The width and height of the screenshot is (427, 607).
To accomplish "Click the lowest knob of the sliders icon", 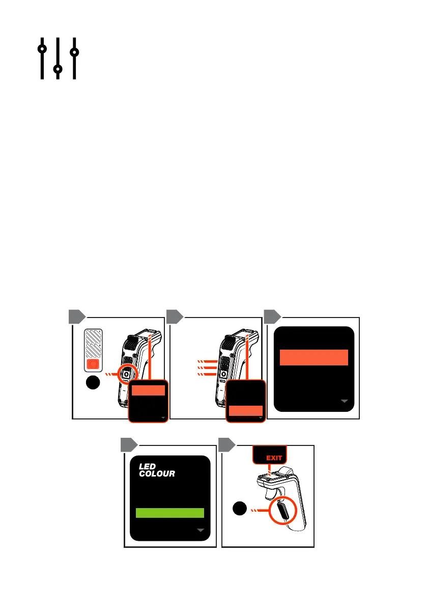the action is point(58,68).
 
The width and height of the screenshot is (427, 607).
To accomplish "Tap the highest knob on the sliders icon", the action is point(42,49).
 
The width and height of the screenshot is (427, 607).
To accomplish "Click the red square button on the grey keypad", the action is point(93,364).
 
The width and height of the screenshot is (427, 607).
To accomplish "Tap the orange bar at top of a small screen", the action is point(148,391).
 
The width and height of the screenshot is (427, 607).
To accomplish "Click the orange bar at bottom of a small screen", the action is point(246,411).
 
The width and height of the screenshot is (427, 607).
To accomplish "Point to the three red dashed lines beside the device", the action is point(207,368).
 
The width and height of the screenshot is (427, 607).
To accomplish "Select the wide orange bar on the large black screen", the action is point(314,357).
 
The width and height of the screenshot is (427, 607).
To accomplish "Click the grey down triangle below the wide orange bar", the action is point(346,402).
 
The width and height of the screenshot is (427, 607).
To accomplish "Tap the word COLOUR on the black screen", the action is point(157,474).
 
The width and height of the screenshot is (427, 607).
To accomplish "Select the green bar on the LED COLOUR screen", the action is point(170,513).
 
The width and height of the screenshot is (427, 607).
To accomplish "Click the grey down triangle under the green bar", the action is point(201,531).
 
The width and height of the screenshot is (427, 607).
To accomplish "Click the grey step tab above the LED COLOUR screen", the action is point(129,445).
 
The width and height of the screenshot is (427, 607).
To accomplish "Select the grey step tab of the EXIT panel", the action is point(227,445).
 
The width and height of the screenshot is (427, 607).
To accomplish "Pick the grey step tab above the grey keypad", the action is point(76,316).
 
